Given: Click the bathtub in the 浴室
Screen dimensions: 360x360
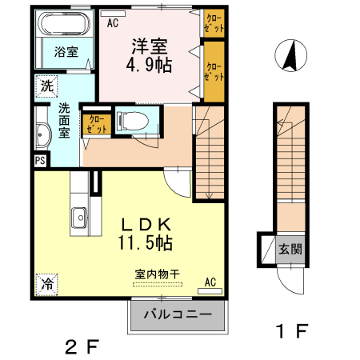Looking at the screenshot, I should click(x=63, y=25).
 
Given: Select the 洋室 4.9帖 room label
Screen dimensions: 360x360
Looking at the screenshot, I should click(x=149, y=54).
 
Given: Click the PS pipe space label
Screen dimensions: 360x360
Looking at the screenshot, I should click(x=39, y=161).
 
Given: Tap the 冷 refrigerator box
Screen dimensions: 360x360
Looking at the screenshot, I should click(x=46, y=283).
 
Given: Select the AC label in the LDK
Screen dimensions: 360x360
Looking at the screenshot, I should click(x=211, y=282).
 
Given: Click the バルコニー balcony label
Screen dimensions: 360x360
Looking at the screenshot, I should click(x=178, y=315).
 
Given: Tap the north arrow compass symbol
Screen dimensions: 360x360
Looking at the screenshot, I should click(x=290, y=57).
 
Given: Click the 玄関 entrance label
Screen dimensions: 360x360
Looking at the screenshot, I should click(x=290, y=249).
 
